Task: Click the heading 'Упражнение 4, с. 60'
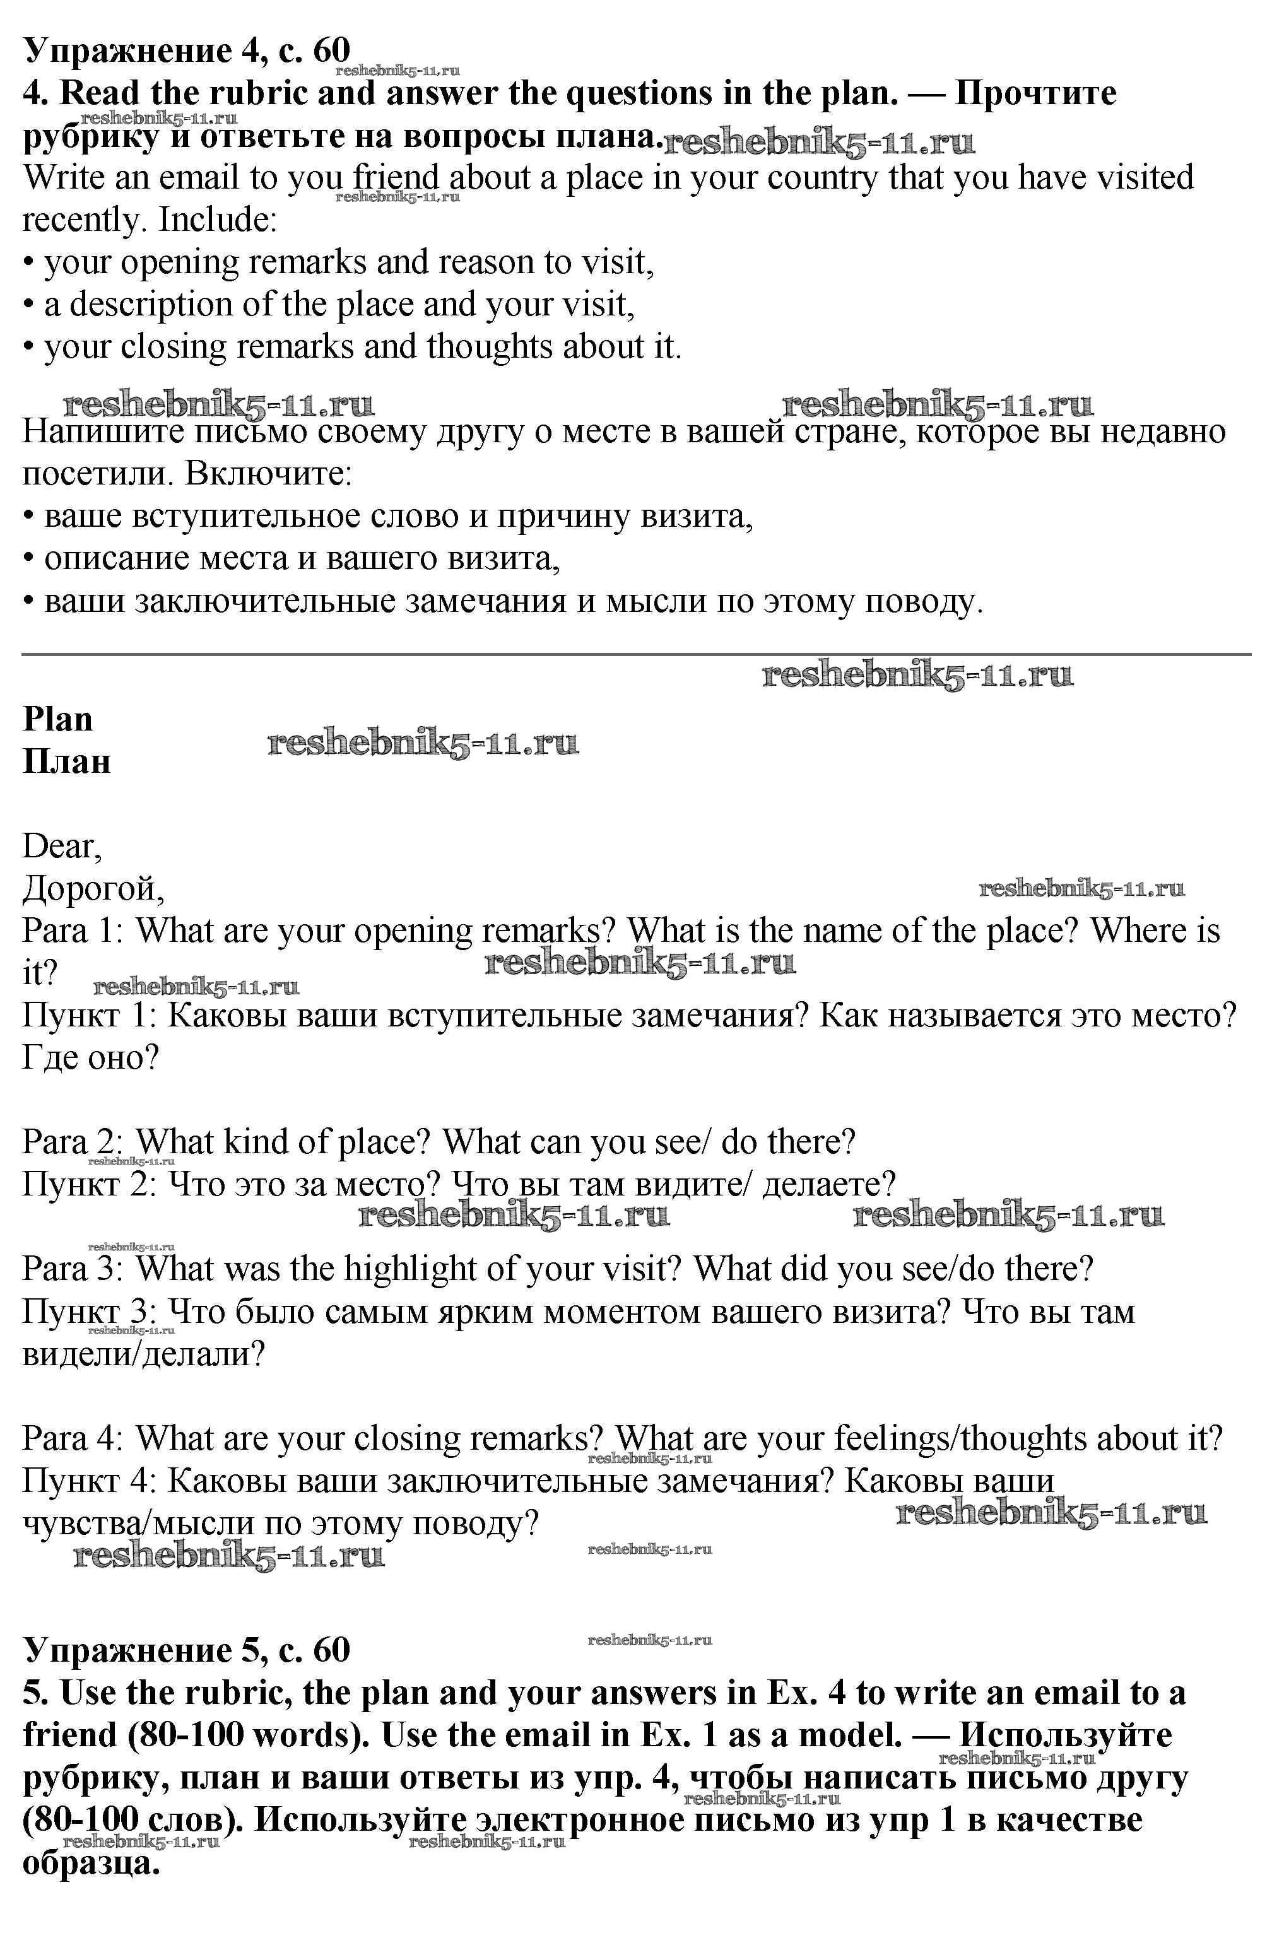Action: (x=187, y=50)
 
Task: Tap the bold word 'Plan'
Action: (x=58, y=720)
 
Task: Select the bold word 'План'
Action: (x=67, y=762)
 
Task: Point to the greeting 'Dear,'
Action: (x=62, y=847)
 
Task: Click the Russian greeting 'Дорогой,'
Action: (x=93, y=890)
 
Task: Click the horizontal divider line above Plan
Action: (x=635, y=654)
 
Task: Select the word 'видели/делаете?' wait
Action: (x=143, y=1355)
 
